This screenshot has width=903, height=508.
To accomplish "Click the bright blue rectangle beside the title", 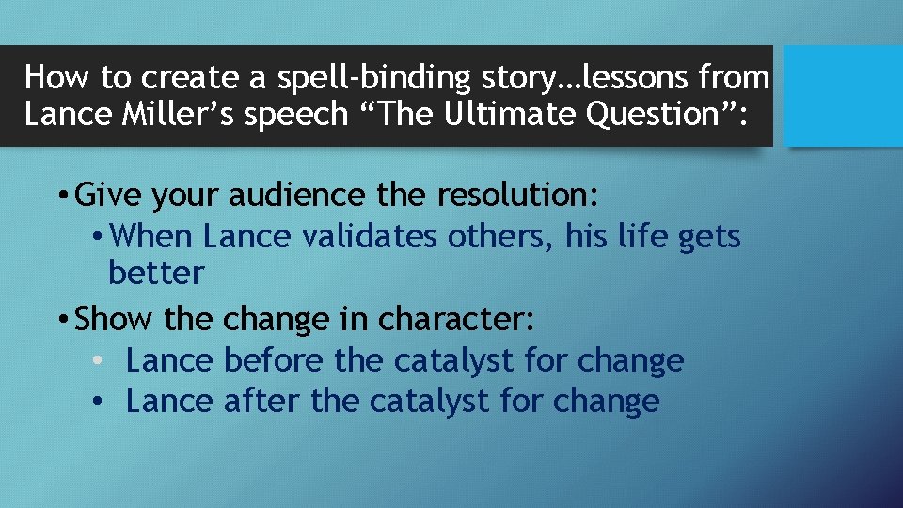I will point(843,95).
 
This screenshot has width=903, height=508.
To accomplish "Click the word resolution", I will point(516,196).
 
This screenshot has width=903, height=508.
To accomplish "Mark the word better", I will point(156,273).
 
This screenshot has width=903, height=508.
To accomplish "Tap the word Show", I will point(116,319).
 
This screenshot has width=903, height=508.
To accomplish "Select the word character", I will point(455,319).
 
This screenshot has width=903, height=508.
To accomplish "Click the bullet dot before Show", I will point(61,320).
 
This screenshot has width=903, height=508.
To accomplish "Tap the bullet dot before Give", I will point(61,197).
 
